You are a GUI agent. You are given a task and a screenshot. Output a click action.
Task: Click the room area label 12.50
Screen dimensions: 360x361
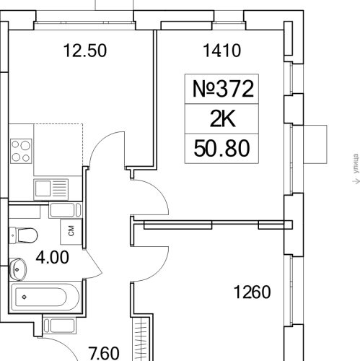(85, 51)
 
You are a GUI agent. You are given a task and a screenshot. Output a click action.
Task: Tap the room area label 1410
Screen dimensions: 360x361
(221, 51)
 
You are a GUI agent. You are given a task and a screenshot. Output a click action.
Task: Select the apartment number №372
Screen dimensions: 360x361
(223, 89)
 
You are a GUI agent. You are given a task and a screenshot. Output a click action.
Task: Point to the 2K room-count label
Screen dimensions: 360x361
(222, 119)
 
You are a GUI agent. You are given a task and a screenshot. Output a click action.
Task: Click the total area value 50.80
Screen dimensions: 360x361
(221, 149)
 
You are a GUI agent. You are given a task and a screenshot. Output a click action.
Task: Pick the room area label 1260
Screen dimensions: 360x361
(252, 292)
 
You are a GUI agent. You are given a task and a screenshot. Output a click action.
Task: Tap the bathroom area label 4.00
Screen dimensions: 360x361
(52, 257)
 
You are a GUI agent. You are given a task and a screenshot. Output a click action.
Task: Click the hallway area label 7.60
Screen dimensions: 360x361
(104, 353)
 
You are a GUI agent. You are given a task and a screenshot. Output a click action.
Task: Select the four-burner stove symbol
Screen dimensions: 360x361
(21, 151)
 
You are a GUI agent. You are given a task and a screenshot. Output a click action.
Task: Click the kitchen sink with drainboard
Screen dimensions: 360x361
(51, 189)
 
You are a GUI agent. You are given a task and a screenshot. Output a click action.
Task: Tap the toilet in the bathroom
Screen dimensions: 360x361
(23, 235)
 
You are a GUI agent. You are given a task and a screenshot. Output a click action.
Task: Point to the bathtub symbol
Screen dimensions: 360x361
(45, 297)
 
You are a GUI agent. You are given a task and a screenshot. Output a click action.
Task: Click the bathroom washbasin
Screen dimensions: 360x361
(17, 269)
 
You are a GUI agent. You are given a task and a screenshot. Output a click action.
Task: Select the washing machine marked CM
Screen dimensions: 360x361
(71, 232)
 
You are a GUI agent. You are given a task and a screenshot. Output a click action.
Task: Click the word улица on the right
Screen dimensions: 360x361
(356, 164)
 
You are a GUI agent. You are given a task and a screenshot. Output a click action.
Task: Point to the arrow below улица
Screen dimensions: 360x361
(356, 180)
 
